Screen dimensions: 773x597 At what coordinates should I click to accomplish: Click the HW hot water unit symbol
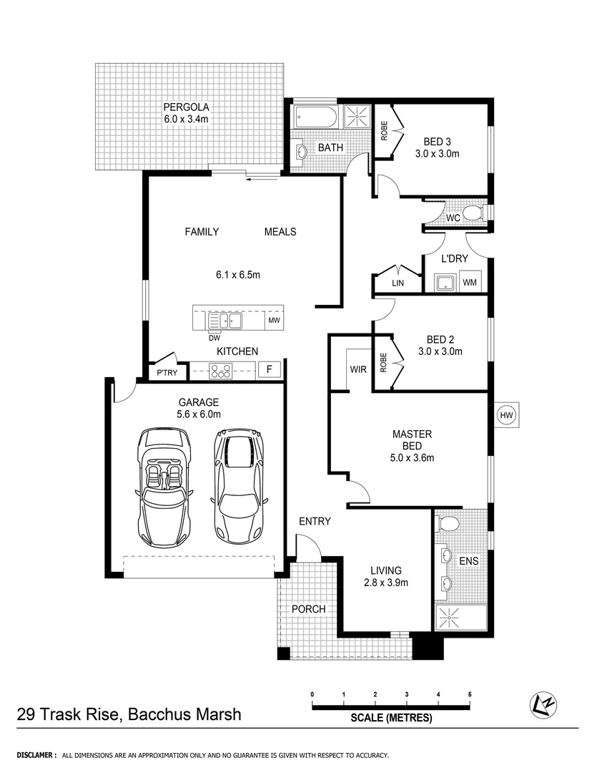point(507,414)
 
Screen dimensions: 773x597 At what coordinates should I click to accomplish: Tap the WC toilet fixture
point(470,213)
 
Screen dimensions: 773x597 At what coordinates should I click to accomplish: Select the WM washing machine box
point(470,283)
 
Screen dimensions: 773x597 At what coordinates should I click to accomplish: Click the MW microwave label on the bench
point(274,320)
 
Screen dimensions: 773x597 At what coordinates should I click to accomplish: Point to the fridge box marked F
point(270,370)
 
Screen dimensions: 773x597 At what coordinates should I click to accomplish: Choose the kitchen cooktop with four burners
point(220,370)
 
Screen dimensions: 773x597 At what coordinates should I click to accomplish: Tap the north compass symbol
point(544,706)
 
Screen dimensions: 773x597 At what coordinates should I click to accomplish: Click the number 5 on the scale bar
point(470,694)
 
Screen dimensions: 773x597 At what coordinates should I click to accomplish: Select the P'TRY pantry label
point(167,373)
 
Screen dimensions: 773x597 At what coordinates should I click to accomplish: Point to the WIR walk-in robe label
point(357,370)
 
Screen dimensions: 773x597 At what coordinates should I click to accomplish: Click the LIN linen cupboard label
point(398,283)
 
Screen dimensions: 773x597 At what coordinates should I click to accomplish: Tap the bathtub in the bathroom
point(315,116)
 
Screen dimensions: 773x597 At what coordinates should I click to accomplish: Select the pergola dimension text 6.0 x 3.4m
point(185,119)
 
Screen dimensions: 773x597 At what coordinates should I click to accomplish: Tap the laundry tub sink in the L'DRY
point(446,283)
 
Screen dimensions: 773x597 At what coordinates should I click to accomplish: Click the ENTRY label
point(315,521)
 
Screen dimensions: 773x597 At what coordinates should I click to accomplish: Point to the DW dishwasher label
point(214,337)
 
